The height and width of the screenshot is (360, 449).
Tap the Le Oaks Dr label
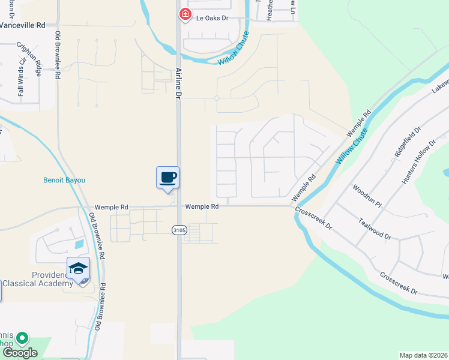click(x=212, y=19)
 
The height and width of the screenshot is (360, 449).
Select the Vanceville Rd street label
click(x=23, y=26)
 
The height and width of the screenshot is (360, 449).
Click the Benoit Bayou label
click(x=64, y=180)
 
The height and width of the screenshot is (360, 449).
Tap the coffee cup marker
click(x=168, y=178)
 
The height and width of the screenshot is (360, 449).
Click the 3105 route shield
click(x=179, y=229)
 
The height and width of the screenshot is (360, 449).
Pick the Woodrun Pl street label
click(x=368, y=196)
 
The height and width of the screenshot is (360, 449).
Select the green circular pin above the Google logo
click(x=23, y=338)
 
